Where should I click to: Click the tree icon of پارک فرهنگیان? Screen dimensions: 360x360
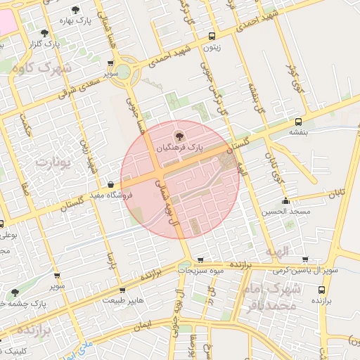pyautogui.click(x=179, y=135)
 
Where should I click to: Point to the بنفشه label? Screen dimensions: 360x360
pyautogui.click(x=299, y=131)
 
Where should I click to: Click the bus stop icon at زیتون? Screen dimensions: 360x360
pyautogui.click(x=212, y=37)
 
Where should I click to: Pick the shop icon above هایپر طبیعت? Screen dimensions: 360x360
pyautogui.click(x=123, y=289)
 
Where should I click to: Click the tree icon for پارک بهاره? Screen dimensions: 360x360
pyautogui.click(x=75, y=11)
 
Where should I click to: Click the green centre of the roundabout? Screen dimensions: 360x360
pyautogui.click(x=123, y=71)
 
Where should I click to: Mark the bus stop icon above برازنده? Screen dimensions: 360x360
pyautogui.click(x=322, y=289)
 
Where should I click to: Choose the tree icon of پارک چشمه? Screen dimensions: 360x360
pyautogui.click(x=15, y=292)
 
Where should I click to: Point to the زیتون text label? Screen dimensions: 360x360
pyautogui.click(x=211, y=48)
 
